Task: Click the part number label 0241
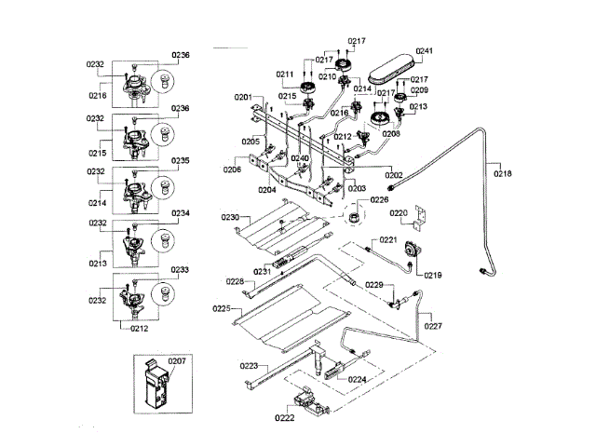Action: tap(425, 51)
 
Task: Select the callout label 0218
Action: tap(503, 173)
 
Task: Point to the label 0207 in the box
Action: tap(177, 359)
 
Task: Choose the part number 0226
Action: tap(379, 199)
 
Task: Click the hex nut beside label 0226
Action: tap(354, 219)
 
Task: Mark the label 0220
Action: tap(399, 213)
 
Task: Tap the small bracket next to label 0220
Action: tap(422, 218)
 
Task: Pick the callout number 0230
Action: tap(230, 217)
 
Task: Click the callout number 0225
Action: tap(221, 307)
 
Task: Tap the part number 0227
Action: tap(434, 326)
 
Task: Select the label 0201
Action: tap(243, 97)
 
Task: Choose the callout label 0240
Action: tap(299, 158)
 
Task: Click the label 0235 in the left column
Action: tap(181, 160)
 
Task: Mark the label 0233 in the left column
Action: tap(181, 270)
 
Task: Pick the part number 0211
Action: tap(285, 74)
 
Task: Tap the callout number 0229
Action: tap(373, 284)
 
